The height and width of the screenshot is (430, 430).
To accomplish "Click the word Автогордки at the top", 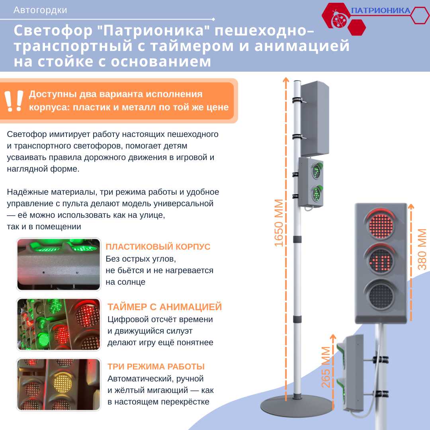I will point(40,10).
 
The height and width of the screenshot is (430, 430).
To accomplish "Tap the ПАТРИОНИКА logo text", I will point(381,11).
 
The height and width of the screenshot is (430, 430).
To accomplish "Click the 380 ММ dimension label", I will point(422,249).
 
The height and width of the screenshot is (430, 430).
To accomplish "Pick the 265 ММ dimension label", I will point(326,367).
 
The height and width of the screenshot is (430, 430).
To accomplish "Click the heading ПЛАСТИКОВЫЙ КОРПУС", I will point(158,247).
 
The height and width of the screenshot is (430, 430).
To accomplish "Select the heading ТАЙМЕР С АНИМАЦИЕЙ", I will point(164,307).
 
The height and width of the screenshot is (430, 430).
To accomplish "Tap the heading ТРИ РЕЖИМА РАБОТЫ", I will point(156,367).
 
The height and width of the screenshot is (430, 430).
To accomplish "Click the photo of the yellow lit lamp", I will point(58,384).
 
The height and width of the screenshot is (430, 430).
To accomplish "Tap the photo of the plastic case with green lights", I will point(58,264).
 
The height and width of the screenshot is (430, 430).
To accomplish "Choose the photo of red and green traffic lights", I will point(58,324).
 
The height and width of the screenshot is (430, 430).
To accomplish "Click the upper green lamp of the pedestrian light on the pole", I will point(317,171).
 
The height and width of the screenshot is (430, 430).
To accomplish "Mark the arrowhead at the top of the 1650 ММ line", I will point(285,79).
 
